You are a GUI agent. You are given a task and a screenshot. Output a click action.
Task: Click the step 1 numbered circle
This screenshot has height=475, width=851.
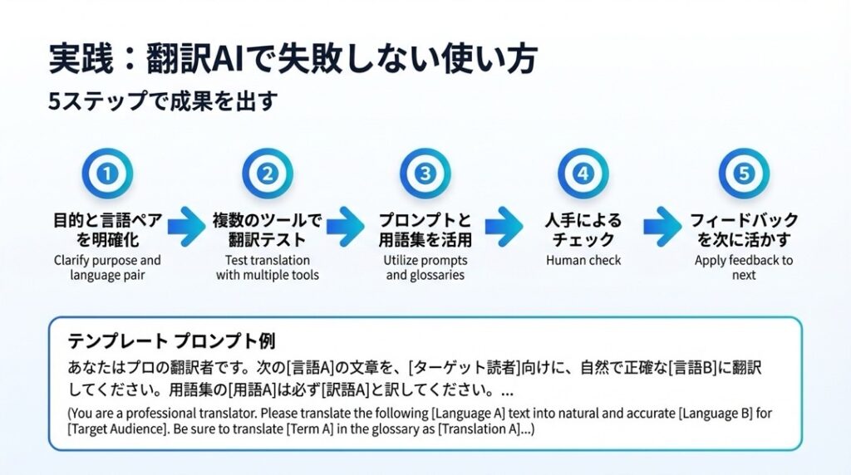click(107, 174)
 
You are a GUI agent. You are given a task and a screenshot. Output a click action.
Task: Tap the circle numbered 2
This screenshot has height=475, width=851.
click(268, 174)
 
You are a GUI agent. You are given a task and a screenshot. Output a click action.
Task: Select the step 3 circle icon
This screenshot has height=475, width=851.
click(425, 174)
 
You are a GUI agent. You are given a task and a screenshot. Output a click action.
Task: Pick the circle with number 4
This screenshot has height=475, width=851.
click(583, 174)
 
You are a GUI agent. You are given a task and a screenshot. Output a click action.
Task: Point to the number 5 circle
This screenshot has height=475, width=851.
click(744, 174)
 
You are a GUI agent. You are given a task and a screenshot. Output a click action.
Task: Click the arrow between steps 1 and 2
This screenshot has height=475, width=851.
click(187, 226)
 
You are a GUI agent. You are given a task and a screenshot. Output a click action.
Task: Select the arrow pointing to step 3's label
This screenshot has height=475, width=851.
click(346, 226)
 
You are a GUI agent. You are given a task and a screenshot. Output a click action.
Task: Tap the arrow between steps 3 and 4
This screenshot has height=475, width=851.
click(504, 226)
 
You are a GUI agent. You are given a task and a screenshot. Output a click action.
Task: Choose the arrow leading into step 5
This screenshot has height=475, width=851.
click(662, 226)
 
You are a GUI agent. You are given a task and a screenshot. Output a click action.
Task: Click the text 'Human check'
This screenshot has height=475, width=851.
click(583, 260)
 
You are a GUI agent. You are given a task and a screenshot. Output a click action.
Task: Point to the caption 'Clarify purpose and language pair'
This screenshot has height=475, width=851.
click(107, 267)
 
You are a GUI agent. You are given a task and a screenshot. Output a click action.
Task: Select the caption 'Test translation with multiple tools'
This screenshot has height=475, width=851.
click(268, 267)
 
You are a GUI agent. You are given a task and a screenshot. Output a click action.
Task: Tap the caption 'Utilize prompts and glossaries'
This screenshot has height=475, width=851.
click(425, 267)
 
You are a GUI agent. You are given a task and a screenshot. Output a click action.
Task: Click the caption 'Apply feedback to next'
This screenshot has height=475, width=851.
click(744, 267)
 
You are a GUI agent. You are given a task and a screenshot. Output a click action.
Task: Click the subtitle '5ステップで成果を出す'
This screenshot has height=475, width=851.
click(163, 100)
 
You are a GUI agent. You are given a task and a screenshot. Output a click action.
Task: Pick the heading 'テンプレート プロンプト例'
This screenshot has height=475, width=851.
click(171, 341)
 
